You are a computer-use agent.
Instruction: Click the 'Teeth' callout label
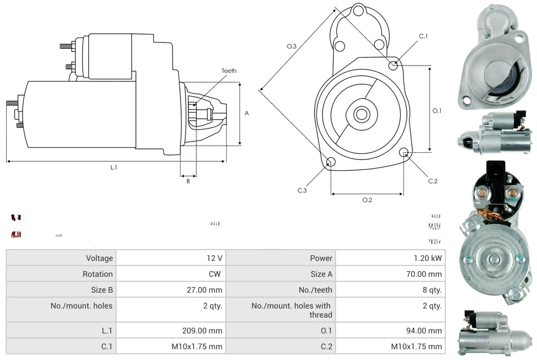229,71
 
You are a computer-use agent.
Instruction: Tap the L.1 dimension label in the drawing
114,167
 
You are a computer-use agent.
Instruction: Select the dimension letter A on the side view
247,113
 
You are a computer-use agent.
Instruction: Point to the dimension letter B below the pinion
188,181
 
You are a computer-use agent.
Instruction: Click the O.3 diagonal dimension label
292,46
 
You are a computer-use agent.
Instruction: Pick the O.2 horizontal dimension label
367,200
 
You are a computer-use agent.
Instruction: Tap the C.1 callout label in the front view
423,36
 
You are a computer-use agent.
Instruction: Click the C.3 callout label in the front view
302,190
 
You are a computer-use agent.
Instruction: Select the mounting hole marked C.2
404,153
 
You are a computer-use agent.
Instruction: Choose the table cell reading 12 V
214,258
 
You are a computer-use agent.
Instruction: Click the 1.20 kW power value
428,258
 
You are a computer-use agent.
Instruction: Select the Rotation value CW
216,274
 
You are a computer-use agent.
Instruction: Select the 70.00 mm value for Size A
426,274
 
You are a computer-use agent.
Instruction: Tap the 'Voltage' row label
99,258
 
